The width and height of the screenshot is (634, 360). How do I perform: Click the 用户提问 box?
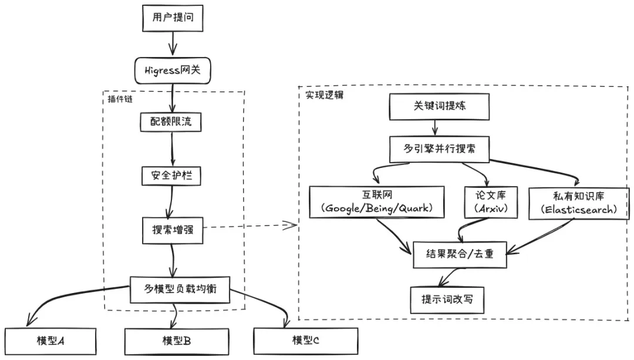coord(173,18)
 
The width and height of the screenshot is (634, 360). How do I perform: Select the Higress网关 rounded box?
coord(173,70)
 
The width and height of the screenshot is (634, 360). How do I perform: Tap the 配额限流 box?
coord(171,122)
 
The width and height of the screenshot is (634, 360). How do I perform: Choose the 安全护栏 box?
coord(171,176)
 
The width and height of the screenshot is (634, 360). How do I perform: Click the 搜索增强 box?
coord(173,230)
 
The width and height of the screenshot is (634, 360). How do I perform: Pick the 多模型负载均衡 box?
coord(180,289)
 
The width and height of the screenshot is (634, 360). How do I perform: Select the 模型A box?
coord(50,341)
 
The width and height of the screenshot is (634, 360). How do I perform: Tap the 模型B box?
coord(177,341)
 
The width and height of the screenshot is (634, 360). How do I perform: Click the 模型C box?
coord(306,341)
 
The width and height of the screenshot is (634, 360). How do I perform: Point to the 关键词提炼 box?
coord(439,106)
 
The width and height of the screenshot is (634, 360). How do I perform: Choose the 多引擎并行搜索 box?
coord(439,149)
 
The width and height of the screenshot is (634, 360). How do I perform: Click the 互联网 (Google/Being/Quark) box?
coord(377,202)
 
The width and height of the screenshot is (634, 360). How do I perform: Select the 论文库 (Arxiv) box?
coord(491,202)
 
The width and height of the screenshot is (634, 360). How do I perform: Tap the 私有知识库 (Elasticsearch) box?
coord(579,203)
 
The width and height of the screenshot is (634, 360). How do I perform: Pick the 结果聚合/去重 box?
coord(460,254)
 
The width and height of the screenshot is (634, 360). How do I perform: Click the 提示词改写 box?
coord(447,300)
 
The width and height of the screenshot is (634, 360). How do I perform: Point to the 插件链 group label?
coord(120,99)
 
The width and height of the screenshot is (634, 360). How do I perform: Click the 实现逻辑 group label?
coord(324,95)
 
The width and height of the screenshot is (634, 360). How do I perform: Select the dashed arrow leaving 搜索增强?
coord(250,226)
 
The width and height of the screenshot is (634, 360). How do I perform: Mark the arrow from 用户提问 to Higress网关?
coord(173,43)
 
